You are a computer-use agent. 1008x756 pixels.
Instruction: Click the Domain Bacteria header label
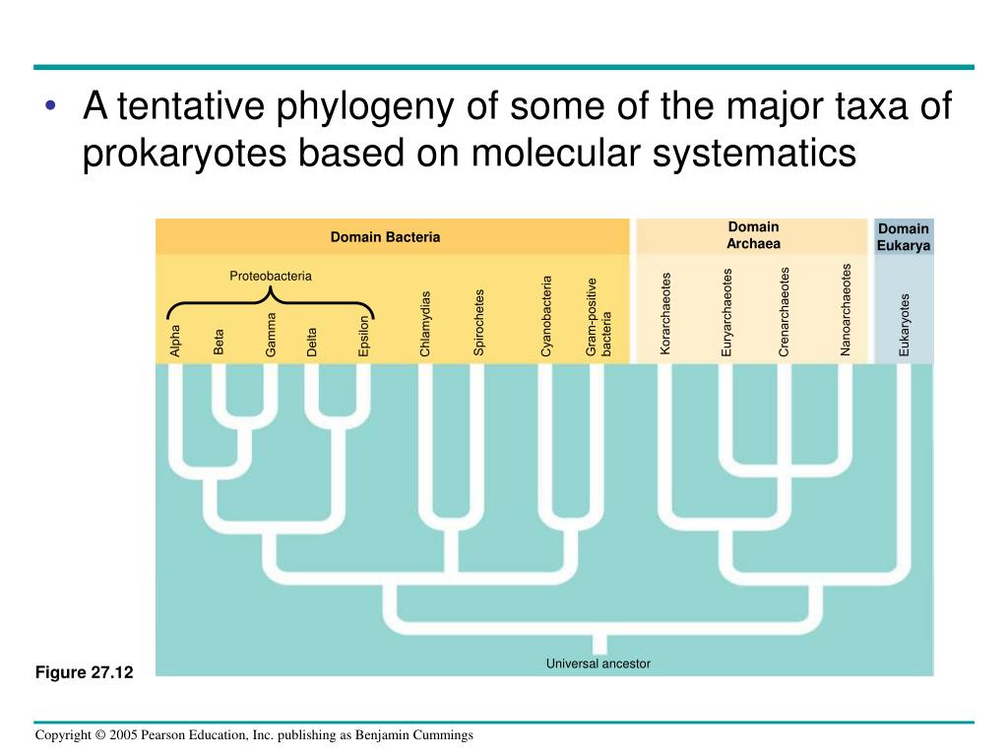385,237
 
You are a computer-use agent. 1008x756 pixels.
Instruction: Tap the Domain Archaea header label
753,235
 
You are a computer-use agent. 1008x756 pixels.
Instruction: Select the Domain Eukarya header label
904,237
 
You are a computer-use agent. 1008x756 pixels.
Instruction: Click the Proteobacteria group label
271,276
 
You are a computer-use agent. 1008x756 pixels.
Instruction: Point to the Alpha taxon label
175,340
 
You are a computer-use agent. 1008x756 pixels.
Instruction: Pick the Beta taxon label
220,342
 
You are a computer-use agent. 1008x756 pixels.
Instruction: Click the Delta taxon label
312,341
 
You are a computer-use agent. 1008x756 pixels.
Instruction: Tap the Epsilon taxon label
363,336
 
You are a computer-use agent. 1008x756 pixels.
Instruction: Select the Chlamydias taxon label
425,324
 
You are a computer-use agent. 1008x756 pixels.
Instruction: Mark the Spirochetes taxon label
479,322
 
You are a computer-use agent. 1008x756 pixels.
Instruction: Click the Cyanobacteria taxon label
547,316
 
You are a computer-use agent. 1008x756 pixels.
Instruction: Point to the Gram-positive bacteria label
598,317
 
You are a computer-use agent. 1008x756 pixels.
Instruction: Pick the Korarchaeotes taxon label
665,314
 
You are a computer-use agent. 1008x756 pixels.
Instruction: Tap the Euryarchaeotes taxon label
727,312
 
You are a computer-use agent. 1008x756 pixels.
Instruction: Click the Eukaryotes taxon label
905,326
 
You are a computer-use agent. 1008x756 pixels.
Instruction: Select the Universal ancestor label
598,663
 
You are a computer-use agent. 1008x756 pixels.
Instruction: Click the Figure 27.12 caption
84,672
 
